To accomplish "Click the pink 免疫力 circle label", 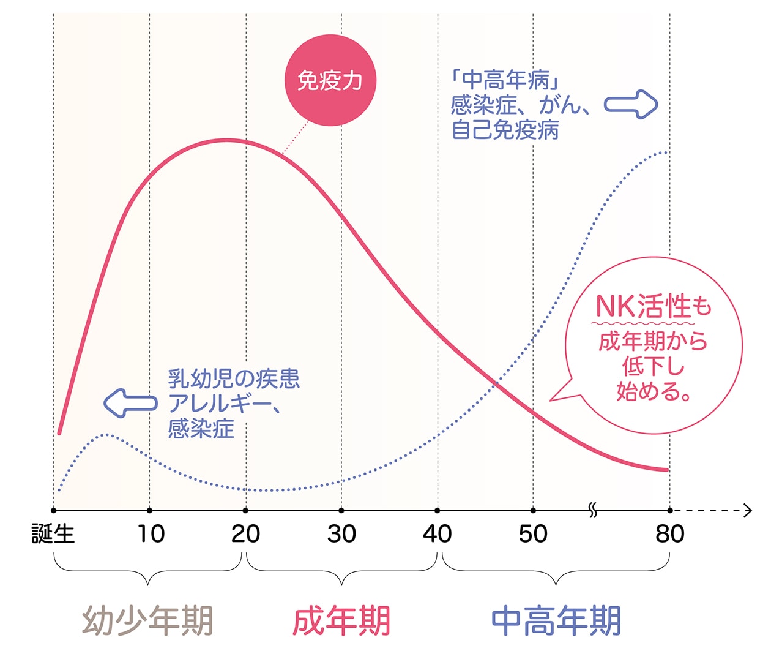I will click(x=330, y=80).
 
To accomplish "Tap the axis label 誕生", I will click(x=53, y=533).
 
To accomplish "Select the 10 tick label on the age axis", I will click(x=150, y=533).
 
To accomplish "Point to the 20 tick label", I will click(x=245, y=533).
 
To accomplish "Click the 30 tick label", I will click(x=341, y=533).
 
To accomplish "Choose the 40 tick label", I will click(x=437, y=533).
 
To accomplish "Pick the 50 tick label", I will click(x=533, y=533).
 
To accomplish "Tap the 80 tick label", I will click(x=669, y=533).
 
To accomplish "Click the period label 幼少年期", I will click(x=148, y=620).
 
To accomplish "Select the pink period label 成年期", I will click(x=341, y=620).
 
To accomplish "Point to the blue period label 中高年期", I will click(x=556, y=620).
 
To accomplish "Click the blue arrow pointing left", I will click(x=130, y=403).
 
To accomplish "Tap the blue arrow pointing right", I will click(x=631, y=105).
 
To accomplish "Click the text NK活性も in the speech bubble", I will click(x=654, y=306).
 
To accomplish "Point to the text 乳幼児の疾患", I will click(x=234, y=379).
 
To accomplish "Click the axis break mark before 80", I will click(x=592, y=510).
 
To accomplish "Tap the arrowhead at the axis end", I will click(x=747, y=510).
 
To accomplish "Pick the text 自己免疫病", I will click(x=505, y=130).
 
